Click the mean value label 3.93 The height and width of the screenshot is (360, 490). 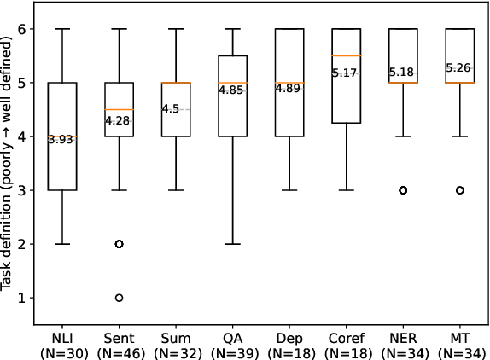pos(61,140)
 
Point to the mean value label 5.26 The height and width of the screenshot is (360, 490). pos(460,68)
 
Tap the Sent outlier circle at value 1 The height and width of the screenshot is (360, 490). pos(119,298)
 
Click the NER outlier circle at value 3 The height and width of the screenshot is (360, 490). pos(403,190)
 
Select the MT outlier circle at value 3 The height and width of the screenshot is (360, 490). pos(460,190)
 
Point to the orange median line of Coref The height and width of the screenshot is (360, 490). pos(347,56)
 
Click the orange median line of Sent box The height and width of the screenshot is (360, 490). pos(119,110)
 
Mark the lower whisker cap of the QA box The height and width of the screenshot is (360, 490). pos(232,244)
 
